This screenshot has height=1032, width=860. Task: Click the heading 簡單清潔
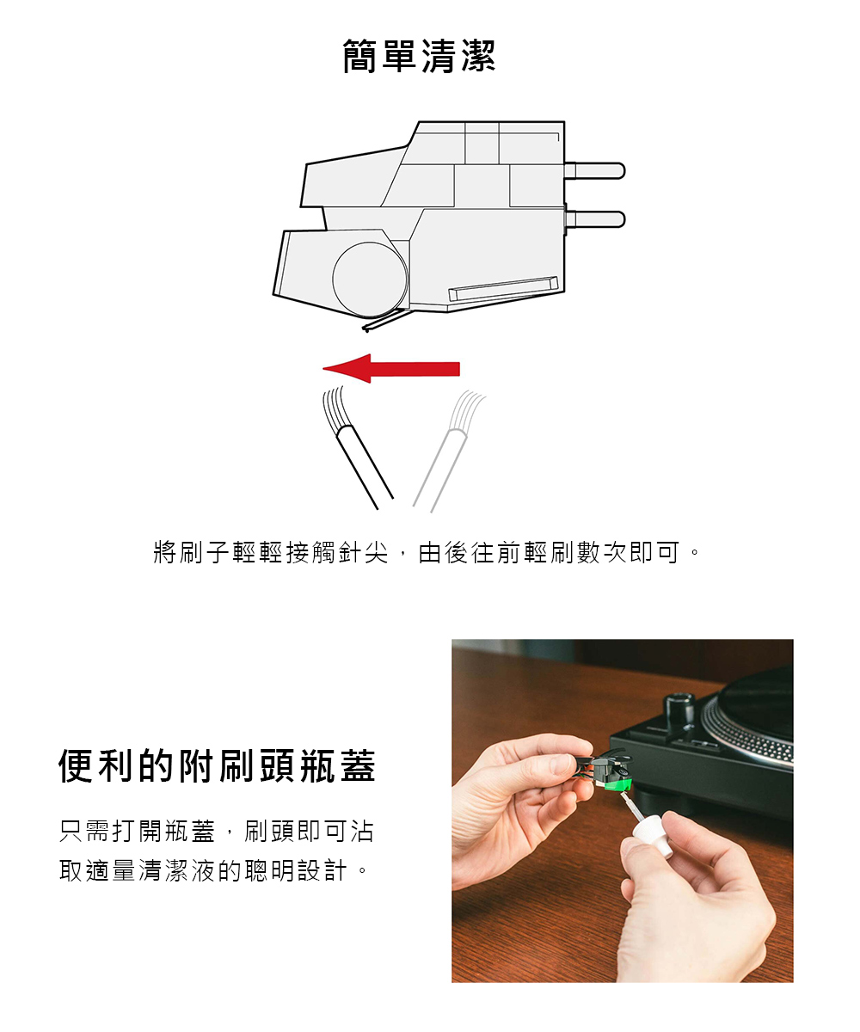[419, 57]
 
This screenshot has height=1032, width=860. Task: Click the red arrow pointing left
[391, 369]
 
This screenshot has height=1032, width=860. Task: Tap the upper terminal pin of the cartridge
[594, 171]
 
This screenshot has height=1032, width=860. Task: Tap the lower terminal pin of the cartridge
[594, 219]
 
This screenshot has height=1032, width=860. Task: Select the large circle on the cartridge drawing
[370, 279]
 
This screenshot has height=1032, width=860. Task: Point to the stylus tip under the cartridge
[366, 329]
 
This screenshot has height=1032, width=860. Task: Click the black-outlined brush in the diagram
[356, 447]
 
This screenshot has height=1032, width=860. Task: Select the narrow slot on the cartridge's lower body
[503, 289]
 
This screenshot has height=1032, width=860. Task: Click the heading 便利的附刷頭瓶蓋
[217, 766]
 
